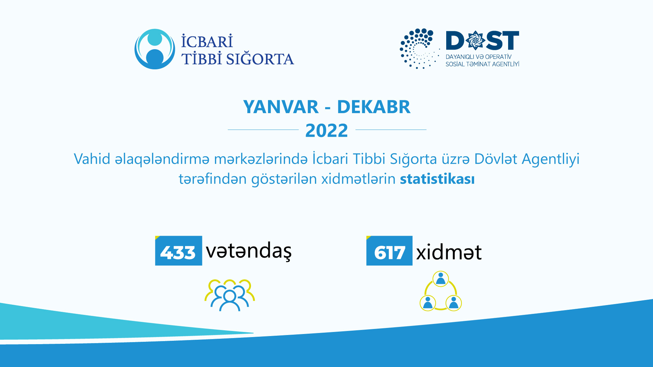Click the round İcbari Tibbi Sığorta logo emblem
coord(155,49)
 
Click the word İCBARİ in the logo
coord(207,41)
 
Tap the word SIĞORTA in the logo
coord(260,59)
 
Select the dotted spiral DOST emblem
coord(418,49)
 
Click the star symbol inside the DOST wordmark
coord(475,40)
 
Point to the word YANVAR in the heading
coord(281,107)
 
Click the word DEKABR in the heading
coord(373,107)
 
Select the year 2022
coord(326,130)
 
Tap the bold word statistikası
coord(437,179)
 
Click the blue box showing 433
coord(179,251)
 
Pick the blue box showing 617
coord(389,251)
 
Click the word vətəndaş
coord(249,251)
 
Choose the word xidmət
coord(449,252)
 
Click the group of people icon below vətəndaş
coord(230,295)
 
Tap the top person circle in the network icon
coord(441,279)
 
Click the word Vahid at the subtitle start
coord(92,159)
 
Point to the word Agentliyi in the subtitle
coord(550,159)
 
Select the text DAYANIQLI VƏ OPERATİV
coord(478,57)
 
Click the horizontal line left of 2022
coord(263,129)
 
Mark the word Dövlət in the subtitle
coord(496,159)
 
